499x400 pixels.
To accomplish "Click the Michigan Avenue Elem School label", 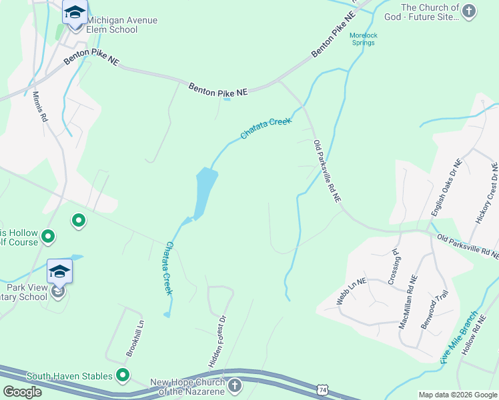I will [122, 25].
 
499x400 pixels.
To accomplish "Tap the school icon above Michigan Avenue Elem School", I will [75, 13].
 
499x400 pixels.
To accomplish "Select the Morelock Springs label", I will [363, 39].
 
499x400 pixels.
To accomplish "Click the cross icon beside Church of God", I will [469, 11].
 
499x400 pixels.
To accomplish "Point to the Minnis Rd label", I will [40, 107].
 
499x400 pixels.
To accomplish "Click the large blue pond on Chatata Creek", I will [204, 190].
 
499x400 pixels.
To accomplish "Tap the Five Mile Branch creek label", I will [460, 336].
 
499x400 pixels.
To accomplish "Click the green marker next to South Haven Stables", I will [123, 376].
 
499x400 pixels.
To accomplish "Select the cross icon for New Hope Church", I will [235, 385].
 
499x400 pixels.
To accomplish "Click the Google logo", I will [23, 392].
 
